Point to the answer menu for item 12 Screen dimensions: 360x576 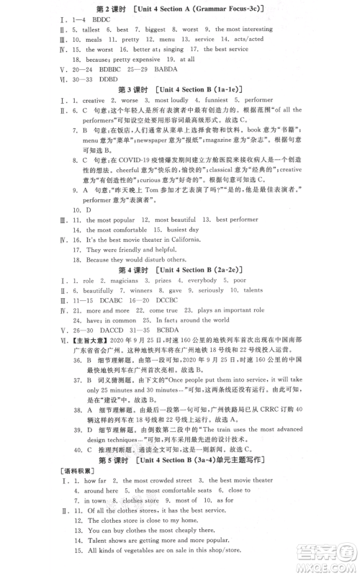pyautogui.click(x=167, y=45)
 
